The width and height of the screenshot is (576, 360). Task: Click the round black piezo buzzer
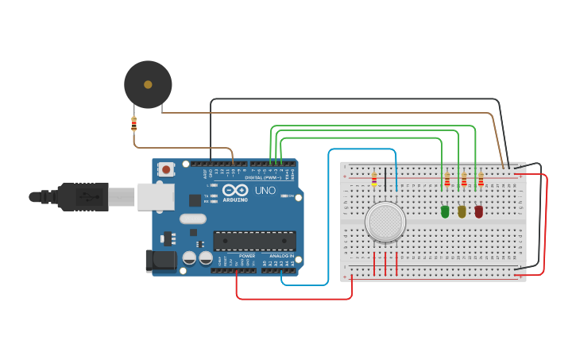coord(148,84)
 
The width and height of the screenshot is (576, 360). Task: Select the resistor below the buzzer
coord(133,123)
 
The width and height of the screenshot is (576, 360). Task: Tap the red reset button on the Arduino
coord(166,168)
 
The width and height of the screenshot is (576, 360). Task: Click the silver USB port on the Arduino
coord(155,196)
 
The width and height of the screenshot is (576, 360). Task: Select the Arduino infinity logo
coord(236,191)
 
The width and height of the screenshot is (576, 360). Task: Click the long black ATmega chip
coord(254,241)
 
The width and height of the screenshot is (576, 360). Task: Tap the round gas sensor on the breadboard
coord(385,222)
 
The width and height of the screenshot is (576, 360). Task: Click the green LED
coord(445,211)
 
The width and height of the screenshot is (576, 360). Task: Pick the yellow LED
coord(462,211)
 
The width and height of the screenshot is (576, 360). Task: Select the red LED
coord(478,211)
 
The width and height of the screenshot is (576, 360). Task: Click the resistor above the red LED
coord(480,180)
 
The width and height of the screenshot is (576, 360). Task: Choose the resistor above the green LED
coord(446,180)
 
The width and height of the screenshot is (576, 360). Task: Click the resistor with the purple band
coord(374,180)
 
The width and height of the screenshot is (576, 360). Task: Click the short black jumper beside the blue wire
coord(386,179)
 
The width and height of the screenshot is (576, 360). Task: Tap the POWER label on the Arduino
coord(247,256)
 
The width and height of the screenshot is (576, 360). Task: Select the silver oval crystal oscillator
coord(192,219)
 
